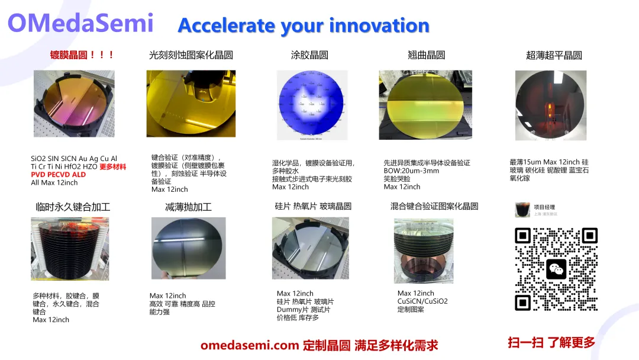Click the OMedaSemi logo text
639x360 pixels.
tap(80, 24)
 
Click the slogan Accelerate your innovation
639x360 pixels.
tap(303, 25)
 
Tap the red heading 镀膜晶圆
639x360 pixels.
tap(82, 55)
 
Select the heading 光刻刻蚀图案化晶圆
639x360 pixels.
tap(191, 55)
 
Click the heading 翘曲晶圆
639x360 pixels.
tap(426, 55)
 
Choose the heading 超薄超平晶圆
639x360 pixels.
tap(554, 55)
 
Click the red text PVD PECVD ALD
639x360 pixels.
tap(58, 175)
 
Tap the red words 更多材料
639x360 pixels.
tap(112, 167)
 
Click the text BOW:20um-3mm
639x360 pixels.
tap(412, 171)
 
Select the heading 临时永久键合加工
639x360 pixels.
tap(73, 207)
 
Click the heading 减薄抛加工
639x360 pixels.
tap(188, 207)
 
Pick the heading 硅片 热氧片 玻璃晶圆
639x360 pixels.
tap(313, 206)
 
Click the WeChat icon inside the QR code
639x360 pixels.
tap(556, 269)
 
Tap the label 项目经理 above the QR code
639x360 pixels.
tap(544, 207)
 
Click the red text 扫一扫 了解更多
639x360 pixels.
tap(551, 342)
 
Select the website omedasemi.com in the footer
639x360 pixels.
tap(249, 345)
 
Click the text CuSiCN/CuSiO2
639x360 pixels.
tap(422, 301)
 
